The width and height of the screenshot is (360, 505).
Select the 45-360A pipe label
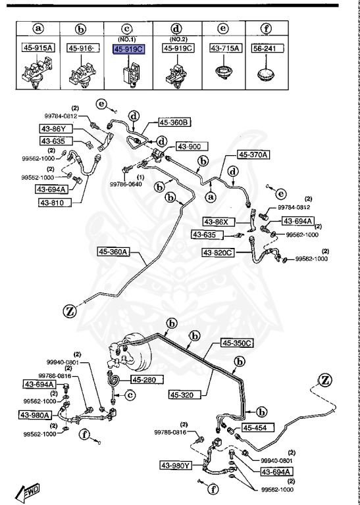[115, 251]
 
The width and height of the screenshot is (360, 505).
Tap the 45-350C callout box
[238, 343]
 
